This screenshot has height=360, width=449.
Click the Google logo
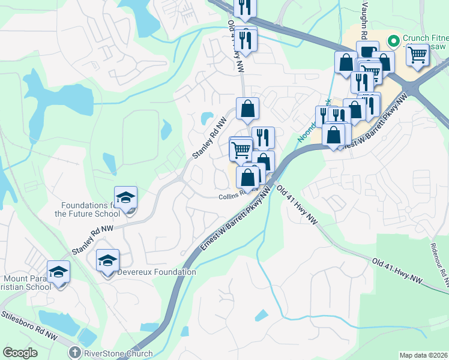point(20,353)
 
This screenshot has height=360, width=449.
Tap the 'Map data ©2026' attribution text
point(424,355)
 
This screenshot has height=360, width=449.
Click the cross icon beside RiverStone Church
point(75,353)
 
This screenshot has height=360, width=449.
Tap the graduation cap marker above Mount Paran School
point(59,272)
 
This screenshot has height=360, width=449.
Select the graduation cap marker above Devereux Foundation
point(108,260)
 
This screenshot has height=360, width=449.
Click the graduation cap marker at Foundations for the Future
point(126,197)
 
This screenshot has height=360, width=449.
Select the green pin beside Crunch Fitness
point(394,41)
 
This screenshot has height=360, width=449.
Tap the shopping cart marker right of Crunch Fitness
point(418,55)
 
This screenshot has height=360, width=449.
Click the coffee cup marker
point(367,52)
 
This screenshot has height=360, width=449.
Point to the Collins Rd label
point(230,195)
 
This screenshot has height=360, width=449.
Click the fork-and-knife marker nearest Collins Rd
point(263,137)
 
